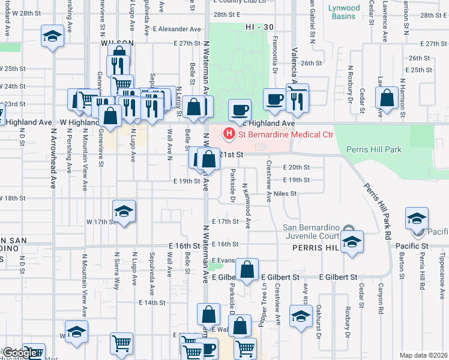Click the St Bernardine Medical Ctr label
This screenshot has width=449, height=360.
coord(285,134)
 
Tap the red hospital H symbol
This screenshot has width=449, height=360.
coord(228,133)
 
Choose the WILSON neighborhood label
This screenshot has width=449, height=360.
coord(113,44)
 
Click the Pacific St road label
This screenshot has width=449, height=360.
coord(411,246)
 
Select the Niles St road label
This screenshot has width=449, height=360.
coord(285,193)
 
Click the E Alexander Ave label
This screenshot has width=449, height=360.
coord(177,29)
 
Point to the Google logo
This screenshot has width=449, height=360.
coord(19,353)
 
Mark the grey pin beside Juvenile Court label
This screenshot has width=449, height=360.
coord(352,227)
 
